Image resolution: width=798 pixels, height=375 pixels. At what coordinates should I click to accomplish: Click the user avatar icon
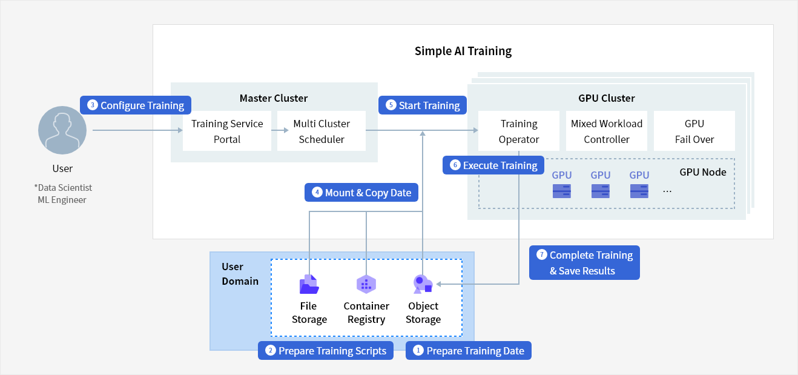pos(62,130)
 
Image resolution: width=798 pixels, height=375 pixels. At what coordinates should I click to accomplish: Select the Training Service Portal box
pos(227,131)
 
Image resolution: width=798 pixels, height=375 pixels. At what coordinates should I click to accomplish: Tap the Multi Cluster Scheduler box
pos(322,131)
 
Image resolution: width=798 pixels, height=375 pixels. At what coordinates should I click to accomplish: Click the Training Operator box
pos(519,131)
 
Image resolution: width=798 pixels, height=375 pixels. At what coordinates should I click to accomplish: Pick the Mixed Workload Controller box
pos(606,131)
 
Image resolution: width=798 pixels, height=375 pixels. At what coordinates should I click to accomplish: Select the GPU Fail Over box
pos(694,131)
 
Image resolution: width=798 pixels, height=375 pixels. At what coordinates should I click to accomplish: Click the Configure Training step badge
pos(136,105)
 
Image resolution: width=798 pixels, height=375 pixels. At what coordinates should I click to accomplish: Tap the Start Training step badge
pos(423,105)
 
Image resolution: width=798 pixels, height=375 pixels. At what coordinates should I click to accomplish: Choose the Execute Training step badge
pos(493,165)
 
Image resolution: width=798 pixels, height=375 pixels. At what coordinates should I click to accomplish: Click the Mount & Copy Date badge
pos(361,193)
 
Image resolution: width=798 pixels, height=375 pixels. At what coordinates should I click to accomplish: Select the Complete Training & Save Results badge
pos(584,263)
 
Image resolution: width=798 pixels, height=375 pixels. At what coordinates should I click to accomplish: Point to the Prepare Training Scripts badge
pos(326,350)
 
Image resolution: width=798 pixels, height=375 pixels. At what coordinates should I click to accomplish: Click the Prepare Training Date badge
pos(469,350)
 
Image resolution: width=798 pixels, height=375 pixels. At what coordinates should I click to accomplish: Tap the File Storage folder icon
pos(309,285)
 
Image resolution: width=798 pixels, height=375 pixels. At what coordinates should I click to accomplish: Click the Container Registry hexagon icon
pos(366,285)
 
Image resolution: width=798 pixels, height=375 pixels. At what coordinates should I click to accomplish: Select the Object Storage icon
pos(423,285)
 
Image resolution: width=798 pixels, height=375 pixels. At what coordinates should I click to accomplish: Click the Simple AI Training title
pos(463,51)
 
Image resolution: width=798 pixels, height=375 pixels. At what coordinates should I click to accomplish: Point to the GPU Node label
pos(703,172)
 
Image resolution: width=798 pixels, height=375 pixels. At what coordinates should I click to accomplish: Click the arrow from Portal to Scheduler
pos(280,130)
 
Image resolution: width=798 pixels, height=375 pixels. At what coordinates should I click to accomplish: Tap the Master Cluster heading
pos(274,98)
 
